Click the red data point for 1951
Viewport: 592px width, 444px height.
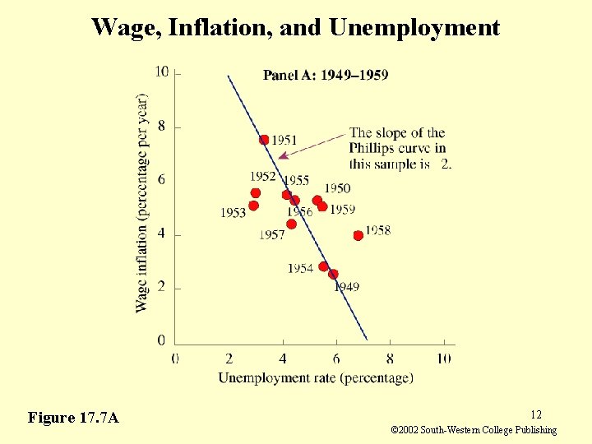(264, 140)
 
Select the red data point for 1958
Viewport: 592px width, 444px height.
(358, 235)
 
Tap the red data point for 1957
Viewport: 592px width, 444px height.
(291, 224)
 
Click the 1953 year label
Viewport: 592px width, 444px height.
(233, 213)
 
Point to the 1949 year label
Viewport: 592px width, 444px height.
(346, 287)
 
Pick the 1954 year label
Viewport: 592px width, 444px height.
(300, 269)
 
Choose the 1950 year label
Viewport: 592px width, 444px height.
(337, 188)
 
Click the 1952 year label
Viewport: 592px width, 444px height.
(263, 176)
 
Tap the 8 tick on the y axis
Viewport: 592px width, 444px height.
(161, 126)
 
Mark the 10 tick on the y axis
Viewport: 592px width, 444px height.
(162, 72)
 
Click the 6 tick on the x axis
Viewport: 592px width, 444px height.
(336, 358)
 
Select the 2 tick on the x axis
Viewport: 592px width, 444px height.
(229, 358)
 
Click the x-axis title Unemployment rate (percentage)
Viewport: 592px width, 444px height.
(315, 378)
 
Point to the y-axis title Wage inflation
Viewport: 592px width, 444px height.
(142, 201)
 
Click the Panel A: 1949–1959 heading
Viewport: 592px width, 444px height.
(326, 76)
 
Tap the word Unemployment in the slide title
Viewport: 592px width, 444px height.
(414, 28)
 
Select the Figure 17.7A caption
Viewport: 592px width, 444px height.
(73, 418)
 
